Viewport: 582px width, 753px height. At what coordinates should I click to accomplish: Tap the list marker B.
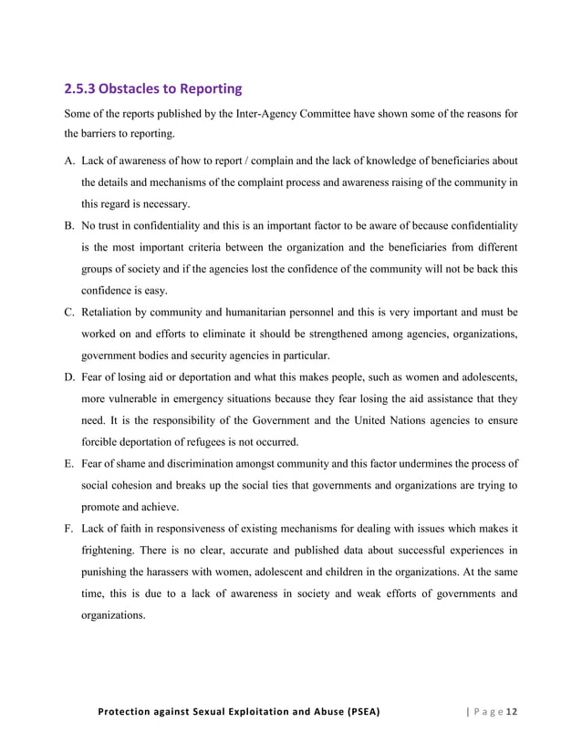(x=68, y=224)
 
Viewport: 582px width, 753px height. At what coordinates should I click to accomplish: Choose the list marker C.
(x=68, y=310)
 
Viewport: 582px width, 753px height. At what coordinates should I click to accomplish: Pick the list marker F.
(x=68, y=529)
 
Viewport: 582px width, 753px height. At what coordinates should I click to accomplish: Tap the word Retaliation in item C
(x=111, y=310)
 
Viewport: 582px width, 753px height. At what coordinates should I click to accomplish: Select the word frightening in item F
(x=113, y=551)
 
